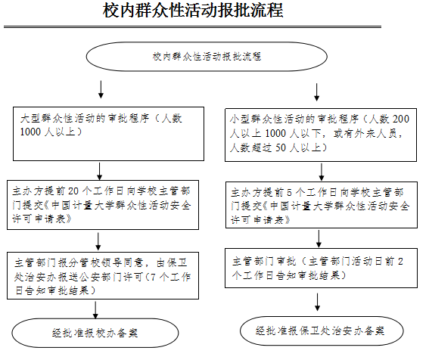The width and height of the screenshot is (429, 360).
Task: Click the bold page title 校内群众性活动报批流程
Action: pos(193,11)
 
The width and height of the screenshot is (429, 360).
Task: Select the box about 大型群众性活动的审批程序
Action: pos(109,134)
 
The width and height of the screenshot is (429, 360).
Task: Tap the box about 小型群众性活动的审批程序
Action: pos(321,135)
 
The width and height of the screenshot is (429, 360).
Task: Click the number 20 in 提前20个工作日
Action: pos(73,191)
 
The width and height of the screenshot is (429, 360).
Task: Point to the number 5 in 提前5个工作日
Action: pos(289,193)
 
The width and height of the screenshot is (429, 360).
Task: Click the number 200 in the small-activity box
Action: pos(400,119)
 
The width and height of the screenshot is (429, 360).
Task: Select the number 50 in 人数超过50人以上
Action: pos(281,147)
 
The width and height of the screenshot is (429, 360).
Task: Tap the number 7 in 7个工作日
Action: pos(153,277)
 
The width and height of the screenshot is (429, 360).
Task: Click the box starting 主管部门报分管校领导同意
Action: pos(103,276)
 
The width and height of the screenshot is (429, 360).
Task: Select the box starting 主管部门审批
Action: pos(321,268)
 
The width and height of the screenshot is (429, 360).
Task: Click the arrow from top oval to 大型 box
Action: pos(101,89)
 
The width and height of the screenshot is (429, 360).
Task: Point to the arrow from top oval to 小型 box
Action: pos(317,92)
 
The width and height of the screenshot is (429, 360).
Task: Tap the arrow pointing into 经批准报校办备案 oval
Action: pos(95,310)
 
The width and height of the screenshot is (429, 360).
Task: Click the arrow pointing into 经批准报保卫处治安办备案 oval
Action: pos(317,303)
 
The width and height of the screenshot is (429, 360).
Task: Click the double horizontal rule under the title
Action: pos(192,26)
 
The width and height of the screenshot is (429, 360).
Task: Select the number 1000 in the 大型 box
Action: pos(30,132)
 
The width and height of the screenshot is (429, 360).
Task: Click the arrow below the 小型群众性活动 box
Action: pos(322,172)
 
